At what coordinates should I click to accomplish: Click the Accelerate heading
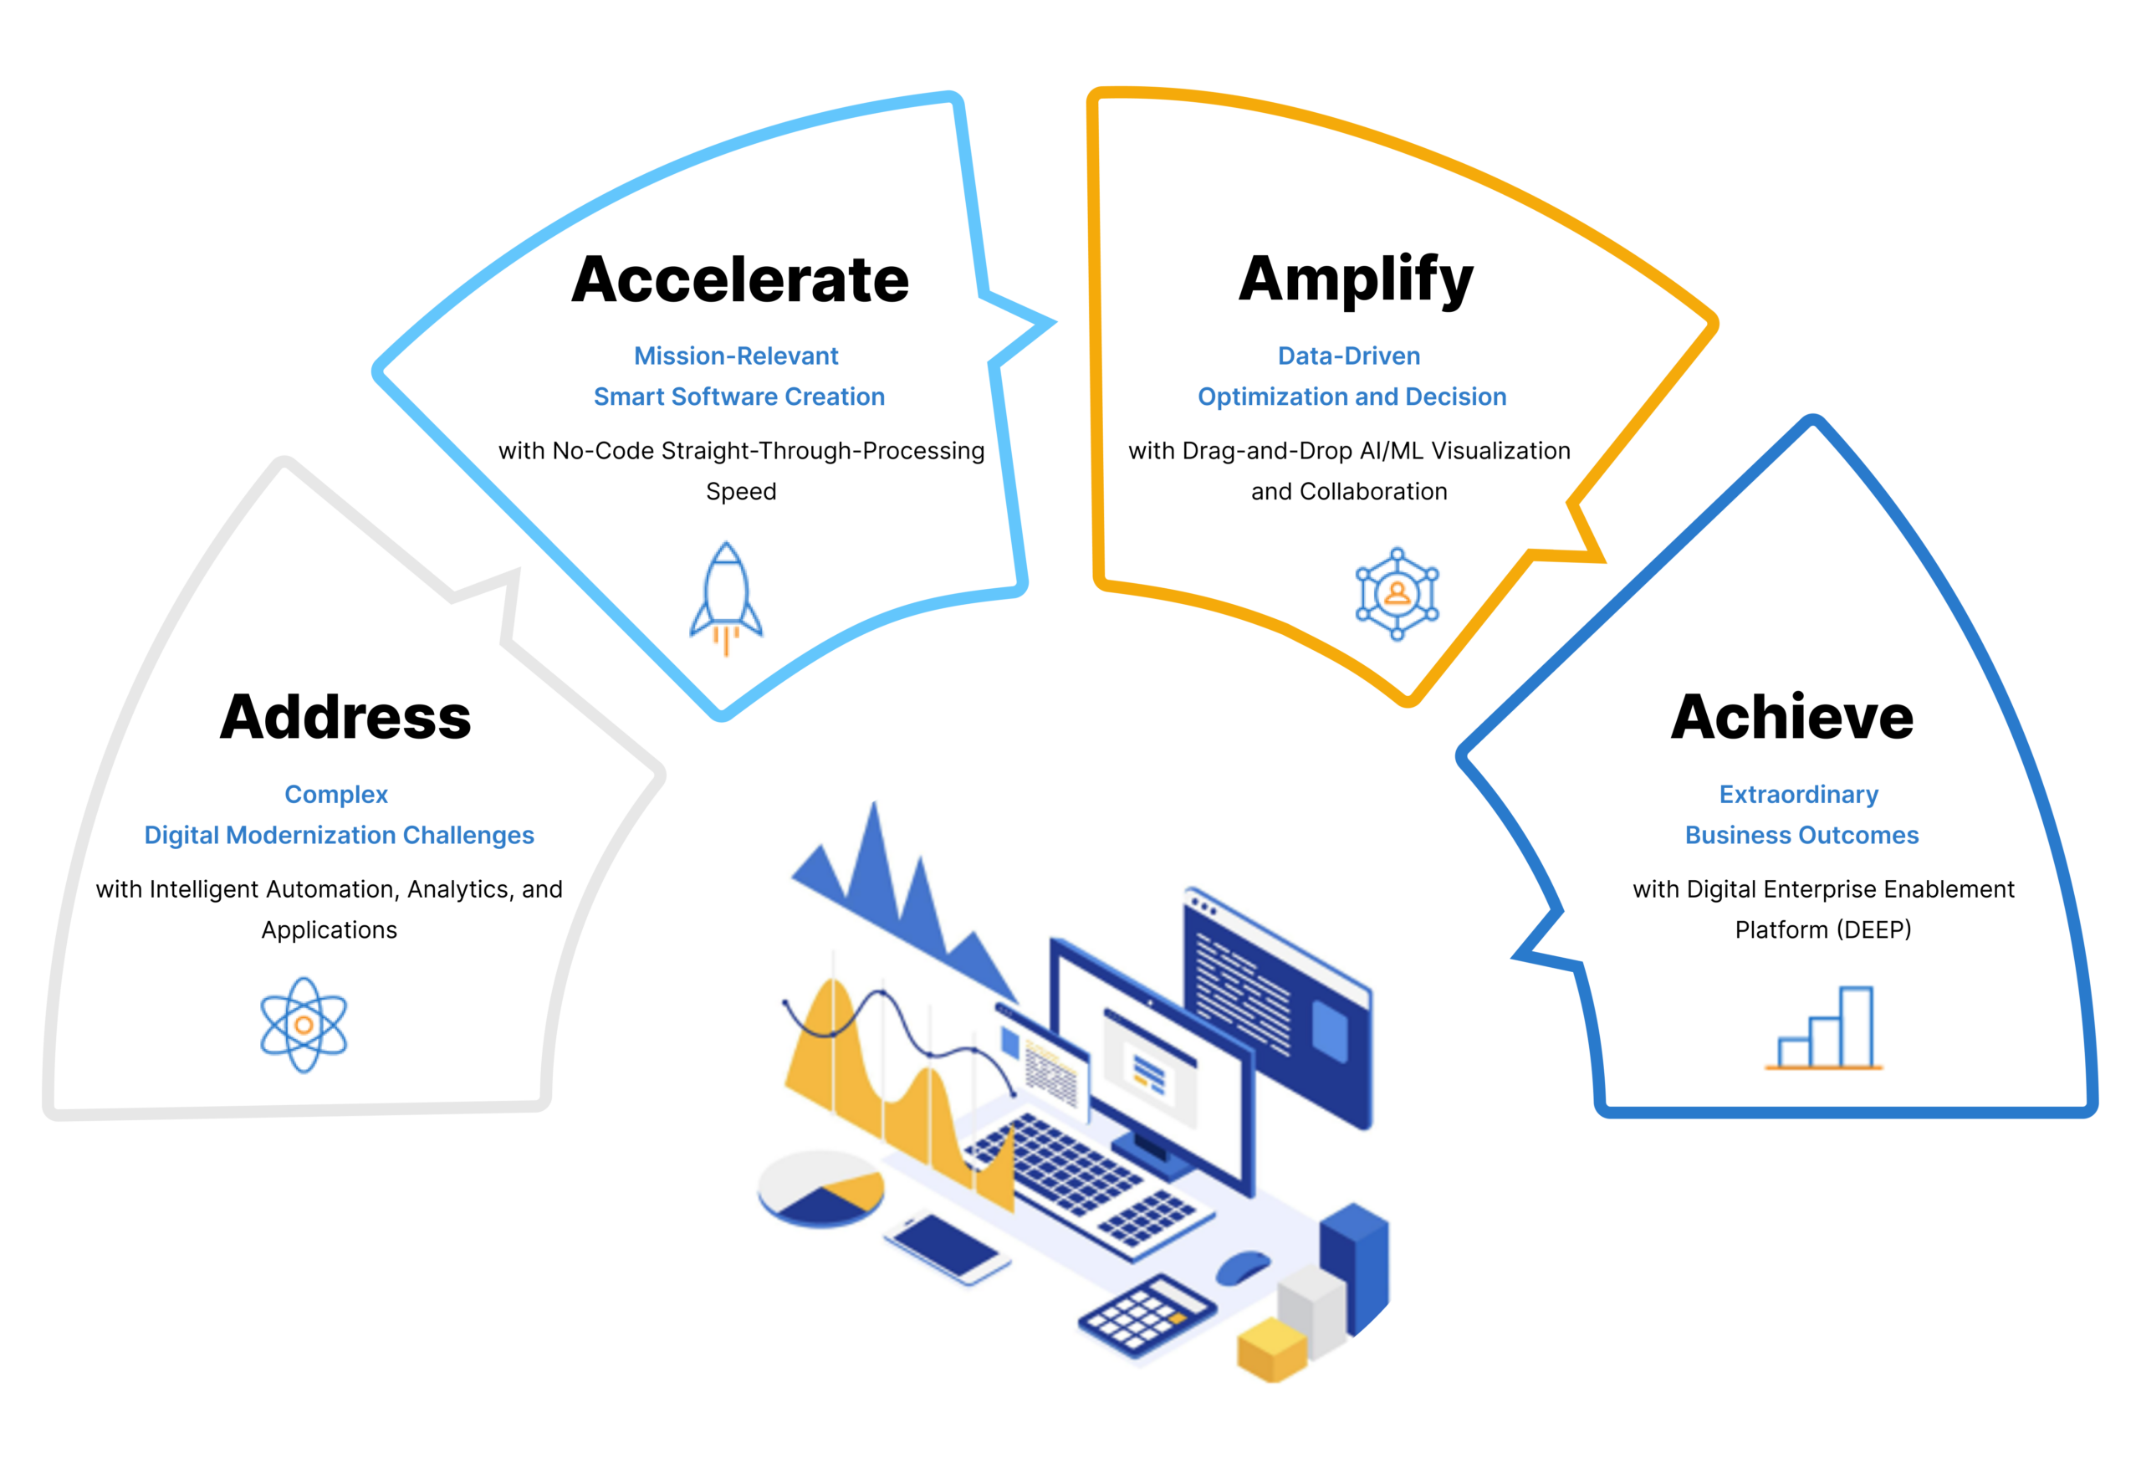pyautogui.click(x=740, y=279)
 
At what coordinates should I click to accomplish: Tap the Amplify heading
pyautogui.click(x=1355, y=280)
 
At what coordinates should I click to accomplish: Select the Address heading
pyautogui.click(x=345, y=717)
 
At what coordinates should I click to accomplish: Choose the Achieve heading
pyautogui.click(x=1792, y=717)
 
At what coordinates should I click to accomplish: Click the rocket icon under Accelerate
pyautogui.click(x=726, y=597)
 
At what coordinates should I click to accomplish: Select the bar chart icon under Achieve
pyautogui.click(x=1823, y=1028)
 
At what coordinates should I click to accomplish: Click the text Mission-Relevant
pyautogui.click(x=736, y=356)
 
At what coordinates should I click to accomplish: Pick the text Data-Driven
pyautogui.click(x=1349, y=356)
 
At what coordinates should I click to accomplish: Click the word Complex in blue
pyautogui.click(x=336, y=795)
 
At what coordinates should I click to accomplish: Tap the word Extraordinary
pyautogui.click(x=1798, y=795)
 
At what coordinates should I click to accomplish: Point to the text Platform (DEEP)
pyautogui.click(x=1823, y=930)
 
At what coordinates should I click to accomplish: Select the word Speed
pyautogui.click(x=741, y=492)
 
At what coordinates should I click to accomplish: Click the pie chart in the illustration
pyautogui.click(x=820, y=1189)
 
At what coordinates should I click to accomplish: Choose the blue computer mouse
pyautogui.click(x=1243, y=1267)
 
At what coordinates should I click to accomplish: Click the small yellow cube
pyautogui.click(x=1272, y=1349)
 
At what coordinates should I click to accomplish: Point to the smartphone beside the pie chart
pyautogui.click(x=947, y=1247)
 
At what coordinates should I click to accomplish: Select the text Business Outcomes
pyautogui.click(x=1802, y=835)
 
